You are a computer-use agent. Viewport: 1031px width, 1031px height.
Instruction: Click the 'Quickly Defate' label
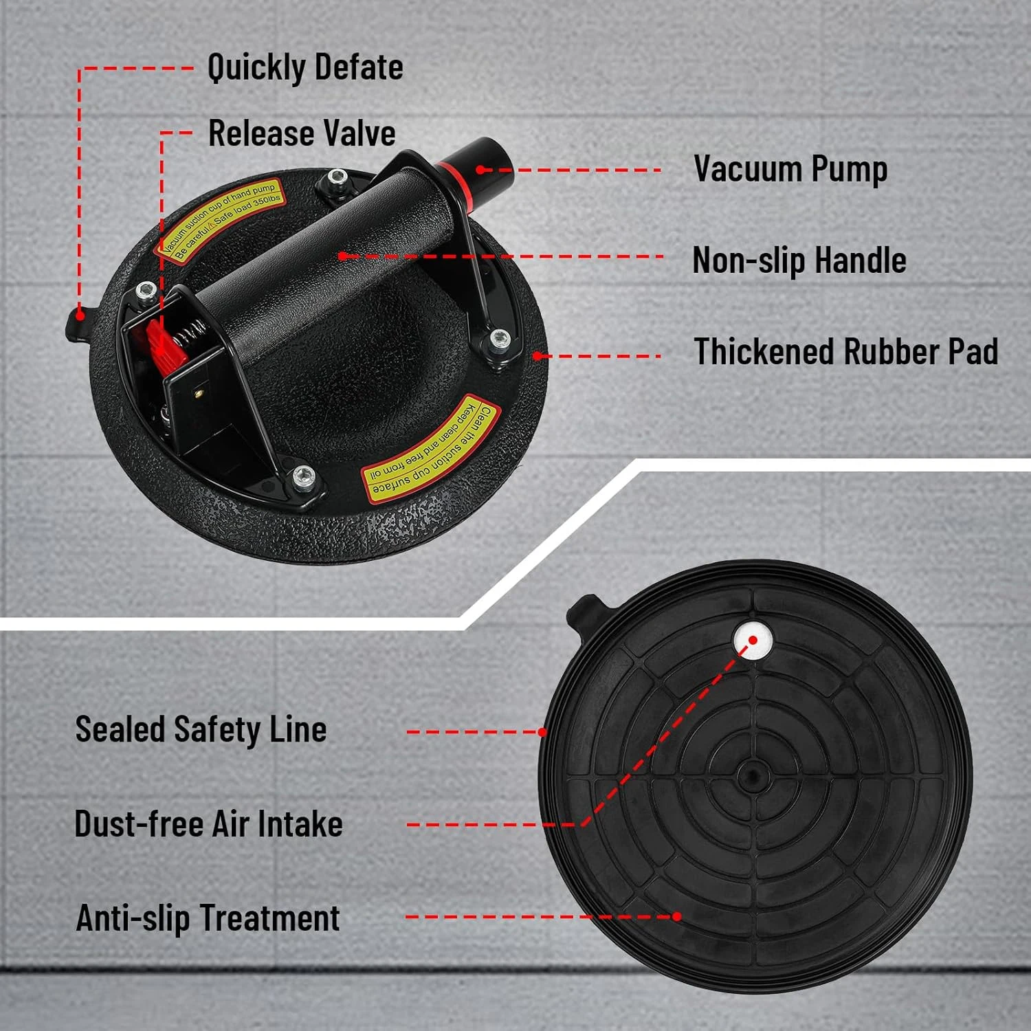(305, 67)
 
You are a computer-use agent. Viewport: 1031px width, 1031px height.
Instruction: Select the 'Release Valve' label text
(302, 133)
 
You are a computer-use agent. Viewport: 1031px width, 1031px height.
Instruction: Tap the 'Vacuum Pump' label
(790, 169)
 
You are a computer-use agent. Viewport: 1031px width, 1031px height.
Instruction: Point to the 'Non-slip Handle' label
(799, 260)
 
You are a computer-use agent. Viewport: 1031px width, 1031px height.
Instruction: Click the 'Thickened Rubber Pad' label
(845, 352)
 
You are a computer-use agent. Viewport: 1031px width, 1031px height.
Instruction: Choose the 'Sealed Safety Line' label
(201, 730)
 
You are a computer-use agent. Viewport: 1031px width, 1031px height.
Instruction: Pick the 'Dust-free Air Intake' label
(208, 824)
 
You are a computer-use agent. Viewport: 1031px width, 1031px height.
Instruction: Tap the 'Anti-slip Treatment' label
(208, 918)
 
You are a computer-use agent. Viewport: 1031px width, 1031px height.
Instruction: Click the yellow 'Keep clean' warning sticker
(432, 448)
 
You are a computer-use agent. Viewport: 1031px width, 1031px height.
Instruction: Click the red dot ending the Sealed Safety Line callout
(543, 732)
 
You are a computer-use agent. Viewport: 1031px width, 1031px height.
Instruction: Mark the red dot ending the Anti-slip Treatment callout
(677, 916)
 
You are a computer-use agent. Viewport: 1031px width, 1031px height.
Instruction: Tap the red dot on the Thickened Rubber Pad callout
(537, 356)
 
